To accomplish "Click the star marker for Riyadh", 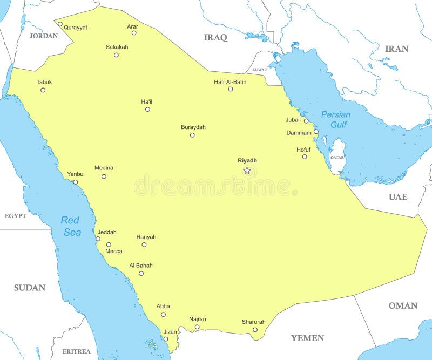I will [247, 171].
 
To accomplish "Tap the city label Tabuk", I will [44, 82].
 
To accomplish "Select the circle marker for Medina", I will [104, 176].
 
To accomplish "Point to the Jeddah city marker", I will [98, 239].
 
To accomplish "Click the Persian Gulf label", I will [335, 119].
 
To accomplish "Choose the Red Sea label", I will [71, 226].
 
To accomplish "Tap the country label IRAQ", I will [215, 37].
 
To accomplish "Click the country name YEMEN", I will [307, 338].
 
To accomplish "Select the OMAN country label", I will [403, 305].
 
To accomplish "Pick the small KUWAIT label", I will [260, 70].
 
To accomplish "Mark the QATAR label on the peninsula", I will [337, 157].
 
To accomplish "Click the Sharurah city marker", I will [255, 330].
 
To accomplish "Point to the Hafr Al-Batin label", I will [230, 82].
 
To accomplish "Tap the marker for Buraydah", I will [192, 135].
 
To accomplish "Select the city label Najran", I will [197, 319].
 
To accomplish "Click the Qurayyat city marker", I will [60, 24].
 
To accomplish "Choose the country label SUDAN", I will [29, 288].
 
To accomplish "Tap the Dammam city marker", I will [316, 131].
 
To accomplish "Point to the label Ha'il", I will [147, 101].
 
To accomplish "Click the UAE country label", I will [398, 196].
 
